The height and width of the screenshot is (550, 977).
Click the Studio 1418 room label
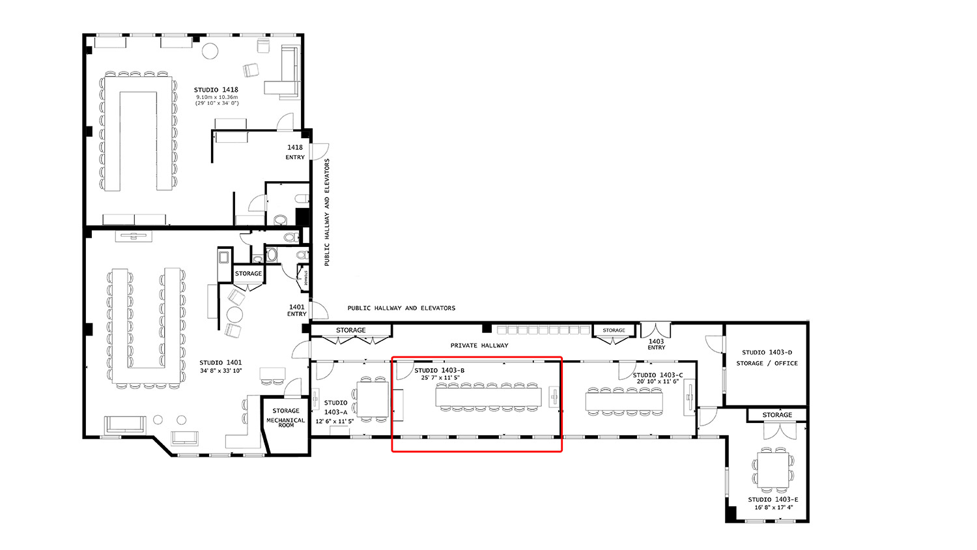pyautogui.click(x=216, y=90)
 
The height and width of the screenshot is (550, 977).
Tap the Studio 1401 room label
pyautogui.click(x=220, y=363)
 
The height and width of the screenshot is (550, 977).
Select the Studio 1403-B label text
pyautogui.click(x=439, y=370)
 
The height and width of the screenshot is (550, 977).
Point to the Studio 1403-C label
pyautogui.click(x=658, y=375)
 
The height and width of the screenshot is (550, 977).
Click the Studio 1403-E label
pyautogui.click(x=773, y=500)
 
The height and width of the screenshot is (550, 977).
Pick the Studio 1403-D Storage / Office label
pyautogui.click(x=767, y=358)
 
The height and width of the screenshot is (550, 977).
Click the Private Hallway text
pyautogui.click(x=479, y=345)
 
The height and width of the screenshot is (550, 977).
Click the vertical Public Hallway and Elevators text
pyautogui.click(x=327, y=212)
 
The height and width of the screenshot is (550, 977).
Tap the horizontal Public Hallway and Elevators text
pyautogui.click(x=401, y=308)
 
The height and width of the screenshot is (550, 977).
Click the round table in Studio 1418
pyautogui.click(x=209, y=51)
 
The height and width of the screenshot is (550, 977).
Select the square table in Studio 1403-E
pyautogui.click(x=773, y=469)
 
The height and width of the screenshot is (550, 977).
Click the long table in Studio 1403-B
pyautogui.click(x=488, y=397)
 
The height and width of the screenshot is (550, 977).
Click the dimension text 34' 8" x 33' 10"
pyautogui.click(x=220, y=371)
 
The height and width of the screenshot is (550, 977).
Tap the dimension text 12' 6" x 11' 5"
pyautogui.click(x=333, y=422)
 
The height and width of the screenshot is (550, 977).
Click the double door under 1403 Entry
pyautogui.click(x=655, y=330)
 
